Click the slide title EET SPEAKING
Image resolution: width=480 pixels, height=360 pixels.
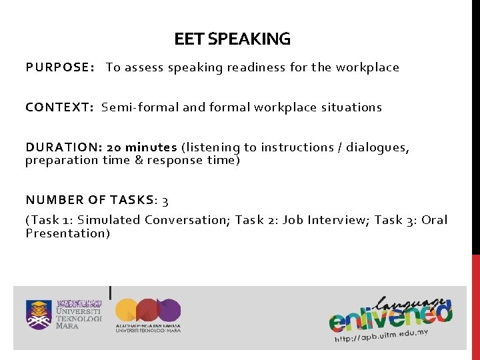click(232, 39)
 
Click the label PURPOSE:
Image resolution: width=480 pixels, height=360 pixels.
click(59, 67)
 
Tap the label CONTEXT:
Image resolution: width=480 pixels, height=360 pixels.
click(59, 107)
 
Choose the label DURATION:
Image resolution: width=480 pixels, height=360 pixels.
click(63, 147)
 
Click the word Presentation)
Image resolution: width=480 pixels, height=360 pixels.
click(67, 233)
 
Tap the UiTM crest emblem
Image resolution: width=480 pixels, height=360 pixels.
click(39, 315)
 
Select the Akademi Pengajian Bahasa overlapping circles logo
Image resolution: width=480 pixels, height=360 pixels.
click(148, 311)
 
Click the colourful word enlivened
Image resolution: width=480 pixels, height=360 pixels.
click(390, 314)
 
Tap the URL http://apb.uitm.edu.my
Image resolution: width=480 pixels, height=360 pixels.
click(381, 335)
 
